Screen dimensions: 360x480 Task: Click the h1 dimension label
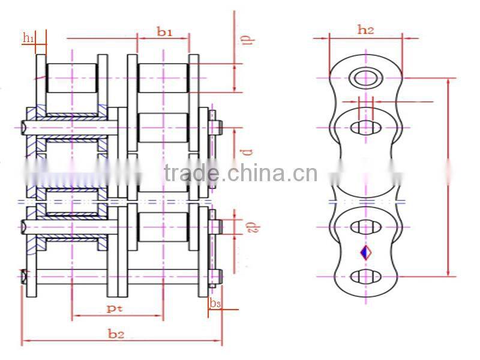click(28, 38)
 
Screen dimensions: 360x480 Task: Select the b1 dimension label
click(164, 32)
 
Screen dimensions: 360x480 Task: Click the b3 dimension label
click(215, 304)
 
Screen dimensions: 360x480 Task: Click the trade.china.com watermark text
click(240, 173)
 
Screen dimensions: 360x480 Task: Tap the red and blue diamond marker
click(365, 253)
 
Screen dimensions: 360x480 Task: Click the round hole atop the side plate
click(365, 77)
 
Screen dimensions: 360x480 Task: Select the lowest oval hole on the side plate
click(365, 276)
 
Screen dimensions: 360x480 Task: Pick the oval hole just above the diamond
click(365, 227)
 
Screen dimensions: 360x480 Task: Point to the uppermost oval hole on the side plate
click(365, 127)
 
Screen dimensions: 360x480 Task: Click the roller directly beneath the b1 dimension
click(163, 78)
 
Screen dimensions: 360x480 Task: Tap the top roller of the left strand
click(71, 78)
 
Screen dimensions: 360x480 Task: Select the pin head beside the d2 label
click(219, 226)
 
